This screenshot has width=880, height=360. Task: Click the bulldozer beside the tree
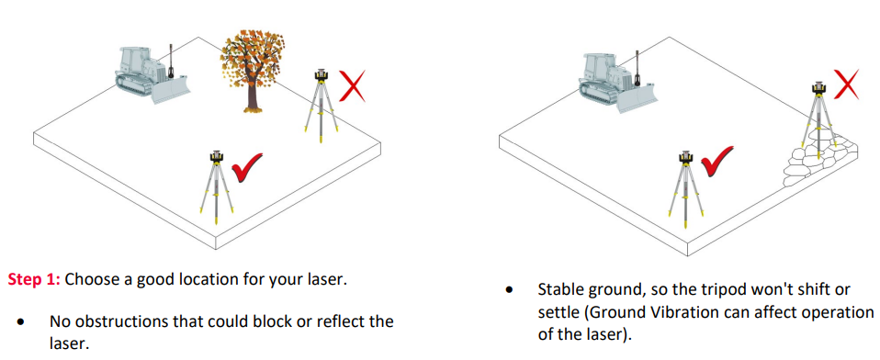[152, 74]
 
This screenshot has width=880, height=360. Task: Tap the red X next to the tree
[353, 85]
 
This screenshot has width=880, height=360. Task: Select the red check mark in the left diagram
[247, 166]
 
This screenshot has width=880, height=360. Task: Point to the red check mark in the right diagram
[716, 161]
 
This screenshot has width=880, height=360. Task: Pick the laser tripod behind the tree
[321, 105]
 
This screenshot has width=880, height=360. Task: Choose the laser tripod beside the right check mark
[684, 188]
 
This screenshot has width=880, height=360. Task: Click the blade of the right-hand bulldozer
[637, 99]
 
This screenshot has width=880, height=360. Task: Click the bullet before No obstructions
[21, 323]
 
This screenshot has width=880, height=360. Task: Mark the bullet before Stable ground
[510, 291]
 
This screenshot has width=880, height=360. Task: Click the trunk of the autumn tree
[253, 96]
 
